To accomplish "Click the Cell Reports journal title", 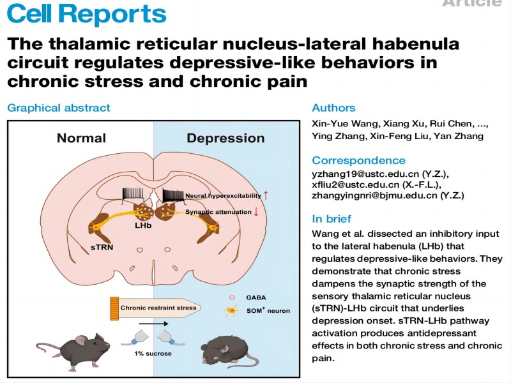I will tap(86, 13).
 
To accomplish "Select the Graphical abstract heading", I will tap(59, 108).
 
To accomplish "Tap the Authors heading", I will tap(333, 108).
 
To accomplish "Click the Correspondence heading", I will tap(358, 160).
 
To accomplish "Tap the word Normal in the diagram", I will tap(81, 138).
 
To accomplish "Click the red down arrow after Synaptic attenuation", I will tap(256, 211).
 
